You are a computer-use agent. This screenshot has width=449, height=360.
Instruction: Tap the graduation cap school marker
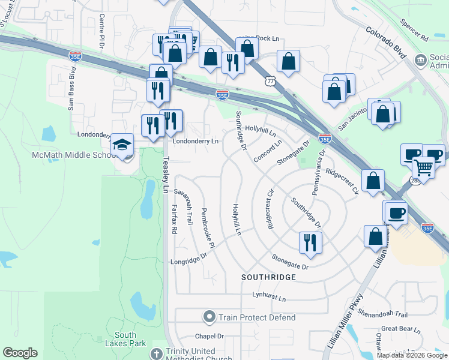[x=122, y=146]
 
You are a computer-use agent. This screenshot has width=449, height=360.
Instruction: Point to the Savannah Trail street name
[x=184, y=208]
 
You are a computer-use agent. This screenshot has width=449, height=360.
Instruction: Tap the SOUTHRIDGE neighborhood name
[x=268, y=277]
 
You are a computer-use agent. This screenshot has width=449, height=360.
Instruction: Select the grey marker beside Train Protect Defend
[x=209, y=317]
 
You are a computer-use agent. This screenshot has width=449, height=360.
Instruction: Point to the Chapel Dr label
[x=209, y=337]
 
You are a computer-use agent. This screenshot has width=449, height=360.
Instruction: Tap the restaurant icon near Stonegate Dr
[x=310, y=242]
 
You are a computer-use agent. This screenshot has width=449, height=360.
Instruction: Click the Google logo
[x=20, y=353]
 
